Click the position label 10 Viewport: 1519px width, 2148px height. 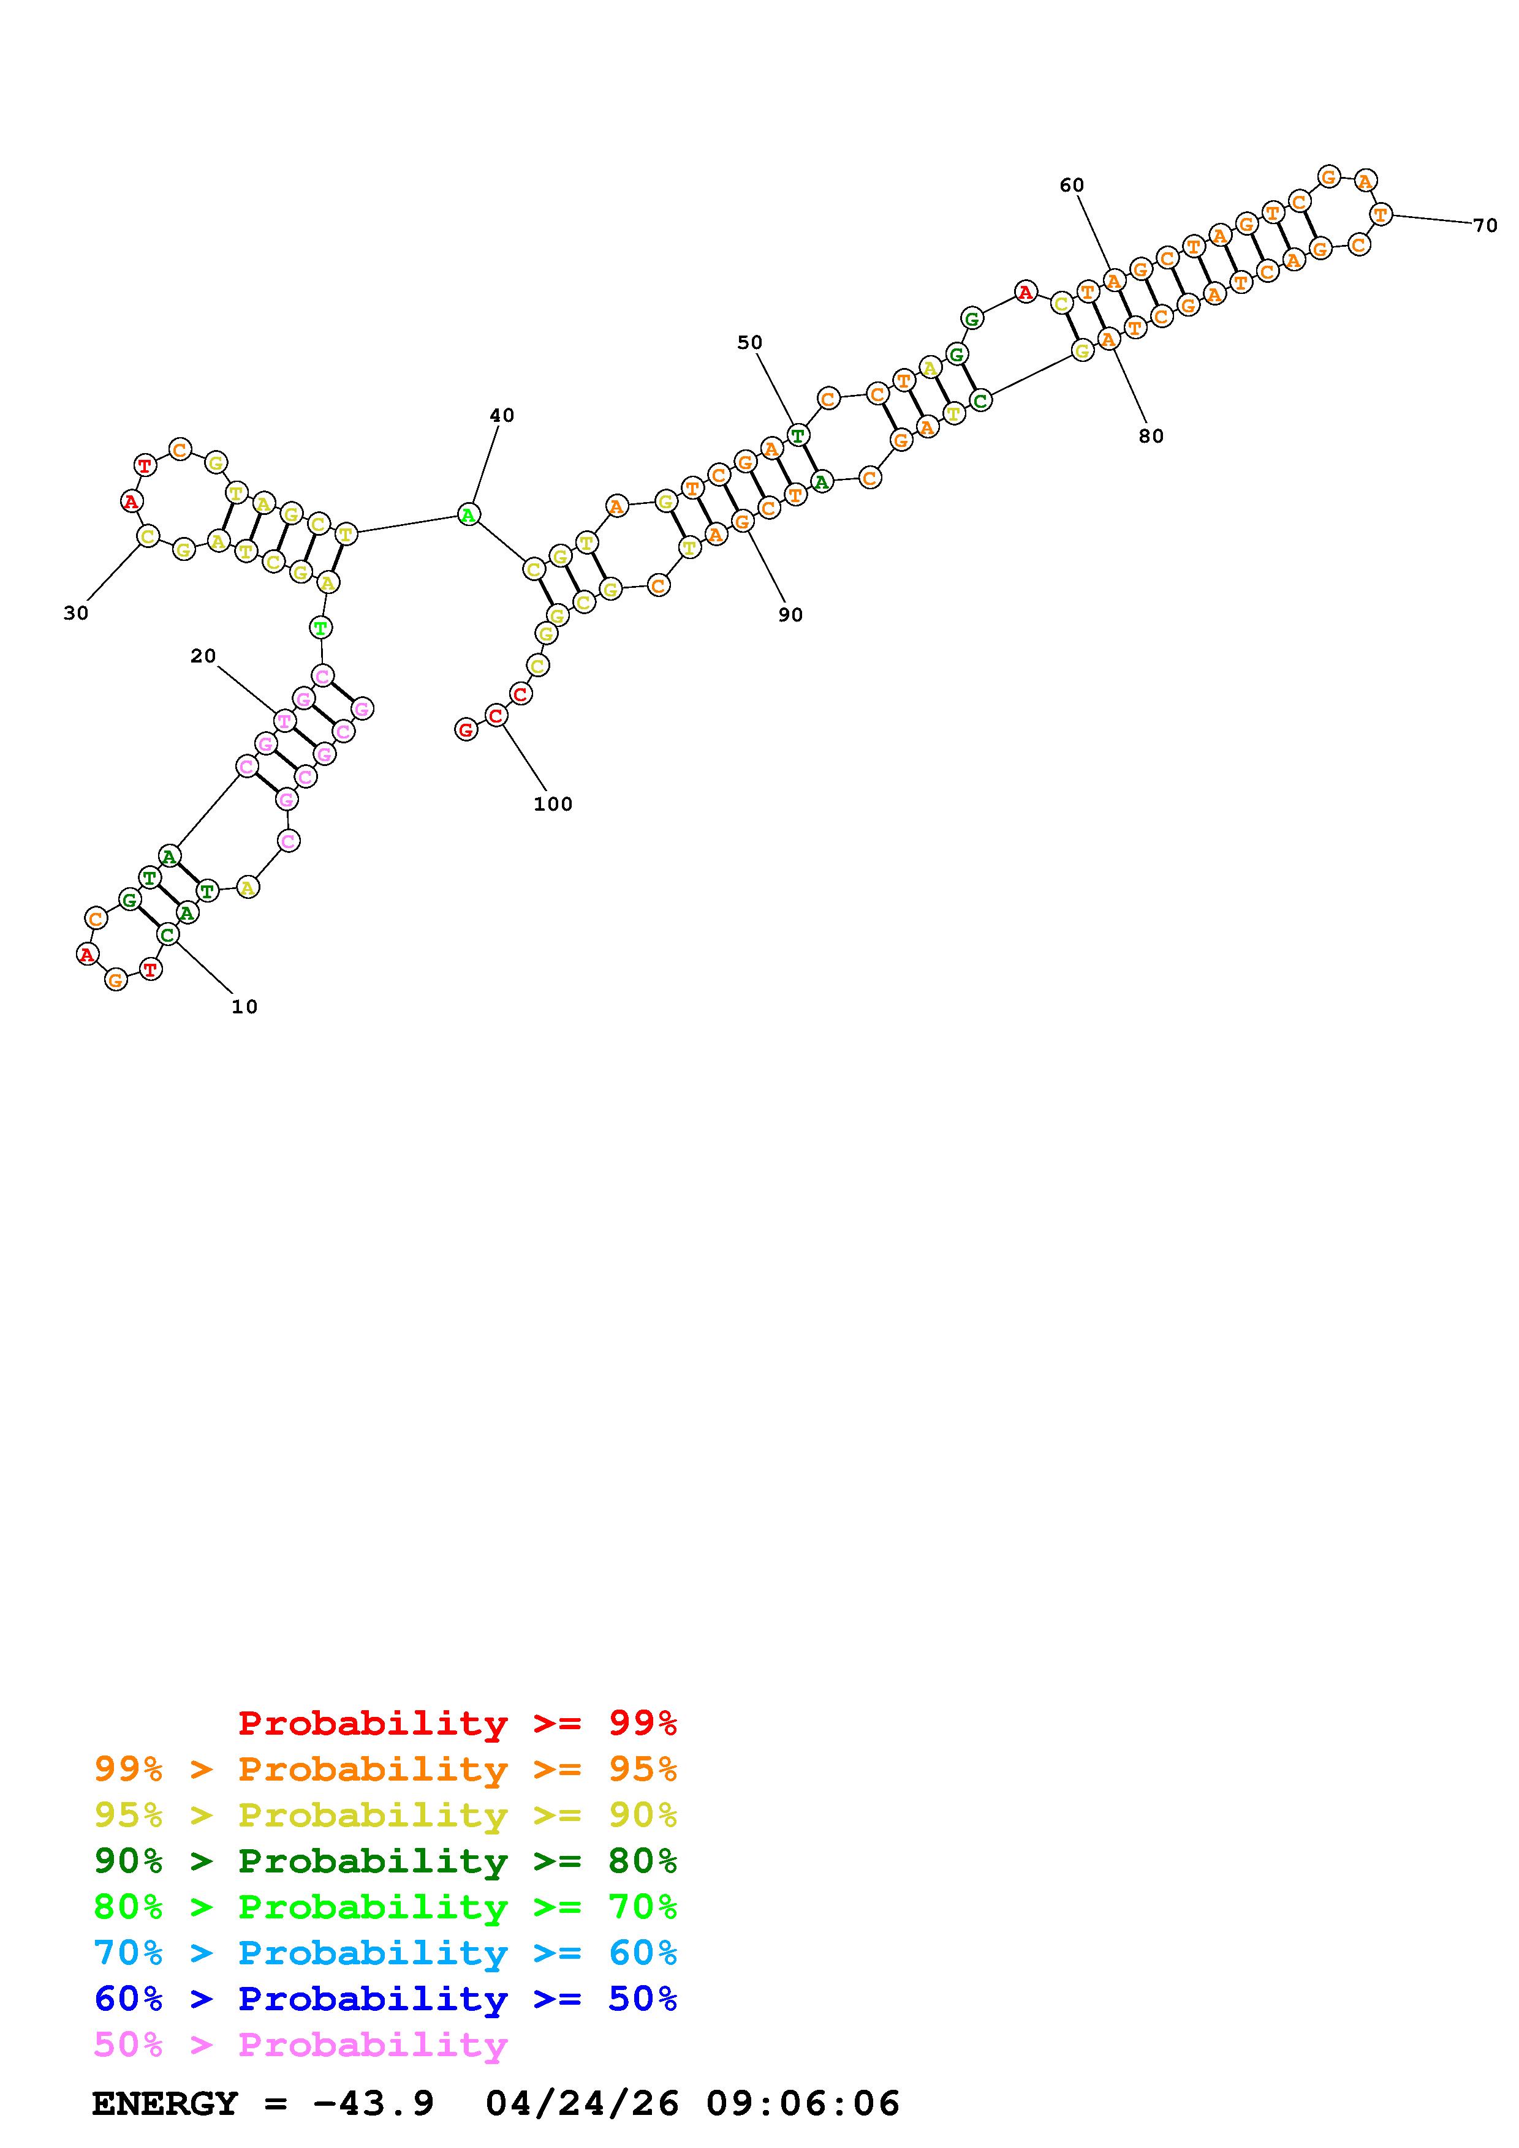click(244, 1007)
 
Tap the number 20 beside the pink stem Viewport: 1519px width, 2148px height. click(203, 656)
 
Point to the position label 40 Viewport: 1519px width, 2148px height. click(502, 415)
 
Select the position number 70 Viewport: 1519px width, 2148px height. click(1485, 225)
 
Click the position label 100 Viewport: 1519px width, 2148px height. click(553, 803)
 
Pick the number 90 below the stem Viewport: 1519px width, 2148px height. click(791, 615)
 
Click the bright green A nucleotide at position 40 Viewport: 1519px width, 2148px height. click(469, 514)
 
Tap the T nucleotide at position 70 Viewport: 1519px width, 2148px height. click(1381, 214)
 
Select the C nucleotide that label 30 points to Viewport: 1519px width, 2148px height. click(147, 536)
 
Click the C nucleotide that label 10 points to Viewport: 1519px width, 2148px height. click(167, 934)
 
